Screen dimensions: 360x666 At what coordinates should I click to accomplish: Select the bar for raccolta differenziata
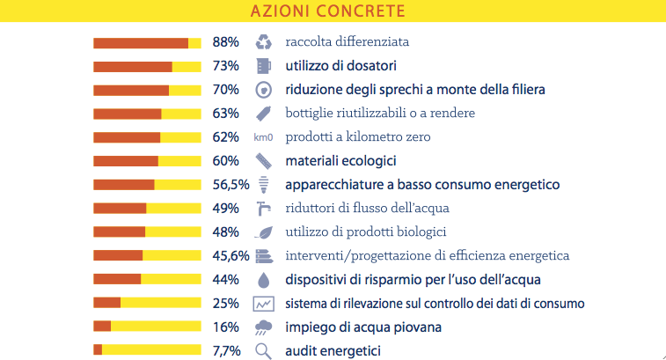coord(147,42)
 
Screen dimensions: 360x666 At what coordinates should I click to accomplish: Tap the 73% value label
coord(226,66)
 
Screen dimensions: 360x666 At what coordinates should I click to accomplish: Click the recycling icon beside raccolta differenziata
coord(263,42)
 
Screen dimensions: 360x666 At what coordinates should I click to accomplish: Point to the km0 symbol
coord(263,137)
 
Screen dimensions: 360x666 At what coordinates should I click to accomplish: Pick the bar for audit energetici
coord(147,350)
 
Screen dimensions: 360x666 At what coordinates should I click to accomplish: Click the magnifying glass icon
coord(263,350)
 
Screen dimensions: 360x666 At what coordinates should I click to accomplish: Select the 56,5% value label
coord(231,185)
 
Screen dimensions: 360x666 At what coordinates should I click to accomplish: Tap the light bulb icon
coord(263,185)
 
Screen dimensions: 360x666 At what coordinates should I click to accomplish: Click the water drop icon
coord(263,280)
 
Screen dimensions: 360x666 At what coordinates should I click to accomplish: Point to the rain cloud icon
coord(263,327)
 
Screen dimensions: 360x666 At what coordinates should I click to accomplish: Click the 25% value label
coord(226,304)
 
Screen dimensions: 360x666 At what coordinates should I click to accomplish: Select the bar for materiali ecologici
coord(147,161)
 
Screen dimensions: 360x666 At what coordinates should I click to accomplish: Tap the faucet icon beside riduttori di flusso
coord(263,209)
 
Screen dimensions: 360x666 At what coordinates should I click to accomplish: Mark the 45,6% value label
coord(231,256)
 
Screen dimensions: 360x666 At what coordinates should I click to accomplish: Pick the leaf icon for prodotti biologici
coord(263,232)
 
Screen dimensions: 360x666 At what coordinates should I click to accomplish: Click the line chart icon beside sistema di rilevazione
coord(263,304)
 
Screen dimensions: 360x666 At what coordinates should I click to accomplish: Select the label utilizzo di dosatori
coord(340,66)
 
